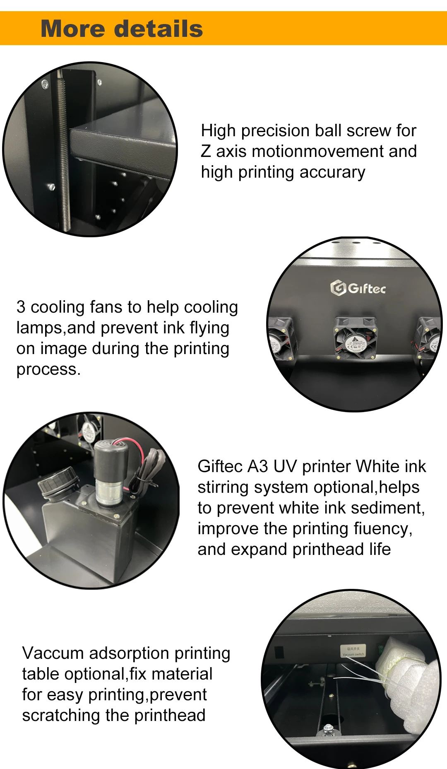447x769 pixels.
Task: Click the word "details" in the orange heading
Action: point(158,29)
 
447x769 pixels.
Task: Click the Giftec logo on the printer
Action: point(358,288)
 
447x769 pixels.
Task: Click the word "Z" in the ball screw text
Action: point(206,152)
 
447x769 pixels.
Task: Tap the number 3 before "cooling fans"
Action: point(21,307)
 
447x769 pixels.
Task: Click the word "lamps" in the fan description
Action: point(40,328)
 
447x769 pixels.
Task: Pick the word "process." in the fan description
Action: point(48,369)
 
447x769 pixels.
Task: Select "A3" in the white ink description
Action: point(257,467)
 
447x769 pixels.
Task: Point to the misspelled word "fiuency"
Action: point(382,529)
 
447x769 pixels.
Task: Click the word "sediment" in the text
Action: point(387,508)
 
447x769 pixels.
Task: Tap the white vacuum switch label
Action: point(353,651)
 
